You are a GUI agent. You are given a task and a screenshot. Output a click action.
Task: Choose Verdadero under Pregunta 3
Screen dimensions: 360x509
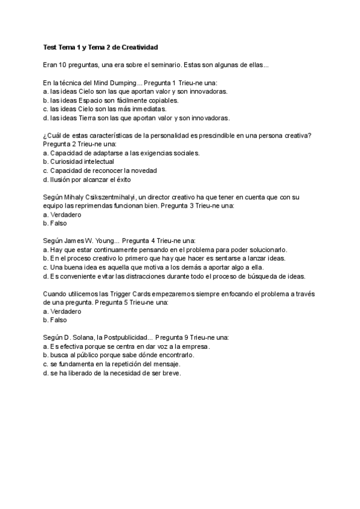65,214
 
